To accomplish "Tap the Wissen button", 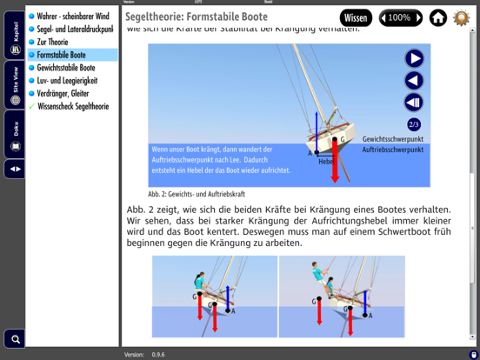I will pyautogui.click(x=356, y=17).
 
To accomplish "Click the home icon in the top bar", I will pyautogui.click(x=438, y=17).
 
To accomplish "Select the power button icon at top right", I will pyautogui.click(x=462, y=17).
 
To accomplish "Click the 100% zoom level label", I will pyautogui.click(x=399, y=17).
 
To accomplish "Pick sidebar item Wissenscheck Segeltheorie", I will pyautogui.click(x=74, y=106).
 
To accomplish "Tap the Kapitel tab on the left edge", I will pyautogui.click(x=15, y=39).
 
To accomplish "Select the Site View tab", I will pyautogui.click(x=15, y=87).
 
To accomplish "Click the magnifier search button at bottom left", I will pyautogui.click(x=14, y=338).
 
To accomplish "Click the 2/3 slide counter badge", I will pyautogui.click(x=414, y=124).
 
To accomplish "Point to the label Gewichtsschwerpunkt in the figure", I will pyautogui.click(x=392, y=139).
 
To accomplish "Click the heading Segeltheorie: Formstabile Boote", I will pyautogui.click(x=197, y=17).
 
